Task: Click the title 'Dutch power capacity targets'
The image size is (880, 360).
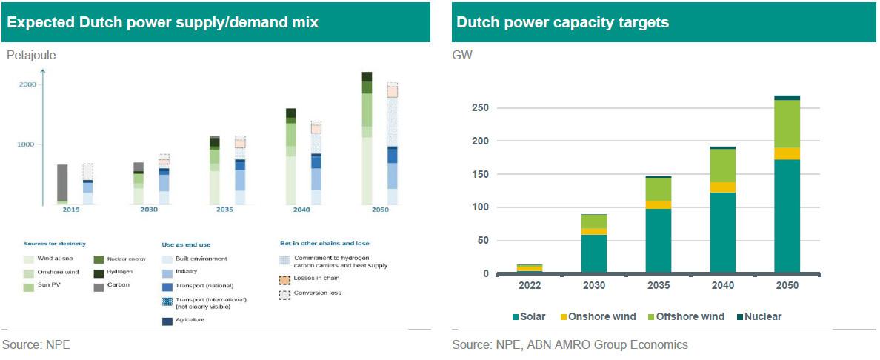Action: [x=562, y=22]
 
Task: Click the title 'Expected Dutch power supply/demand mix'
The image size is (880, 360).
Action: [x=162, y=22]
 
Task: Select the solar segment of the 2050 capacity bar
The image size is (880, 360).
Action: [x=787, y=216]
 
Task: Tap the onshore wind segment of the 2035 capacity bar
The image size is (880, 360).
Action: [x=658, y=204]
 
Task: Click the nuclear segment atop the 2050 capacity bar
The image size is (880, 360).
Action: [x=787, y=97]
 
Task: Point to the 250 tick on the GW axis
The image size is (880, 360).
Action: [x=481, y=108]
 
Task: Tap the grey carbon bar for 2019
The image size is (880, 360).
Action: [x=63, y=182]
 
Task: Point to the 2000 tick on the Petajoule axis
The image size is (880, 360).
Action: [x=27, y=85]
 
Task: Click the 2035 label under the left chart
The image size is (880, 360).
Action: [x=225, y=210]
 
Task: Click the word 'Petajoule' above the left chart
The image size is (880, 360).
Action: [x=31, y=54]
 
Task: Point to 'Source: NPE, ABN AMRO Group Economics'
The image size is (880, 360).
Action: [x=570, y=344]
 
